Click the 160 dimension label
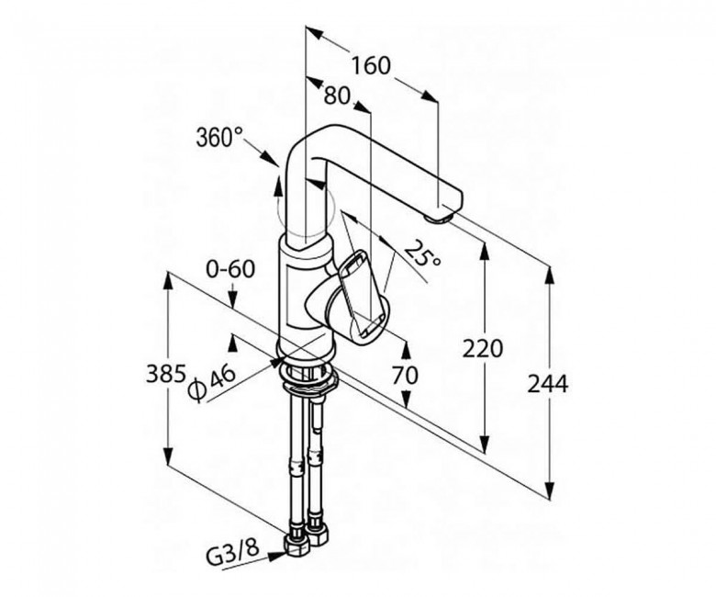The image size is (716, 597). [x=371, y=66]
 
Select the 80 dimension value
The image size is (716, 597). [x=337, y=96]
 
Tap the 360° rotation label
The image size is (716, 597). [x=219, y=137]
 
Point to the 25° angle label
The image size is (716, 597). [x=423, y=253]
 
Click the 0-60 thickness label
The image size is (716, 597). [x=230, y=269]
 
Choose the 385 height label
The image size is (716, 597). [x=166, y=375]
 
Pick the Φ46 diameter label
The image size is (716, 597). [x=212, y=383]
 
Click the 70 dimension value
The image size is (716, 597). [x=405, y=376]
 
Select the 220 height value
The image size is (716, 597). [x=483, y=348]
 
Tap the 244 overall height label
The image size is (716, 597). [x=548, y=384]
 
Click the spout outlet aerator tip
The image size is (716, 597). [x=440, y=219]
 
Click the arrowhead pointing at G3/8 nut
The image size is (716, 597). [x=277, y=556]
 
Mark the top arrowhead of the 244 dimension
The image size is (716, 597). [x=550, y=276]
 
